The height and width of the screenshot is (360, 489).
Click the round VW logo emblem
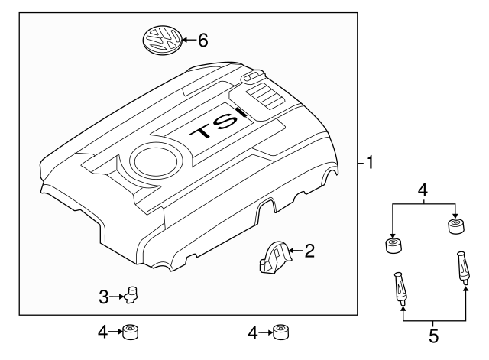point(164,38)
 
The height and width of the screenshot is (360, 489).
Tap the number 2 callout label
point(309,251)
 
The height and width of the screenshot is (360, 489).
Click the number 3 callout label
point(105,296)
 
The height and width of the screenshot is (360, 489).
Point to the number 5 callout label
point(434,334)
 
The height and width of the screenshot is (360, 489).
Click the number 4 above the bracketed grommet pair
point(423,189)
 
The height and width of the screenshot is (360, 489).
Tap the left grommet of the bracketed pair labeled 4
point(393,246)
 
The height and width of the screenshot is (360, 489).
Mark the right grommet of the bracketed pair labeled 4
point(455,227)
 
